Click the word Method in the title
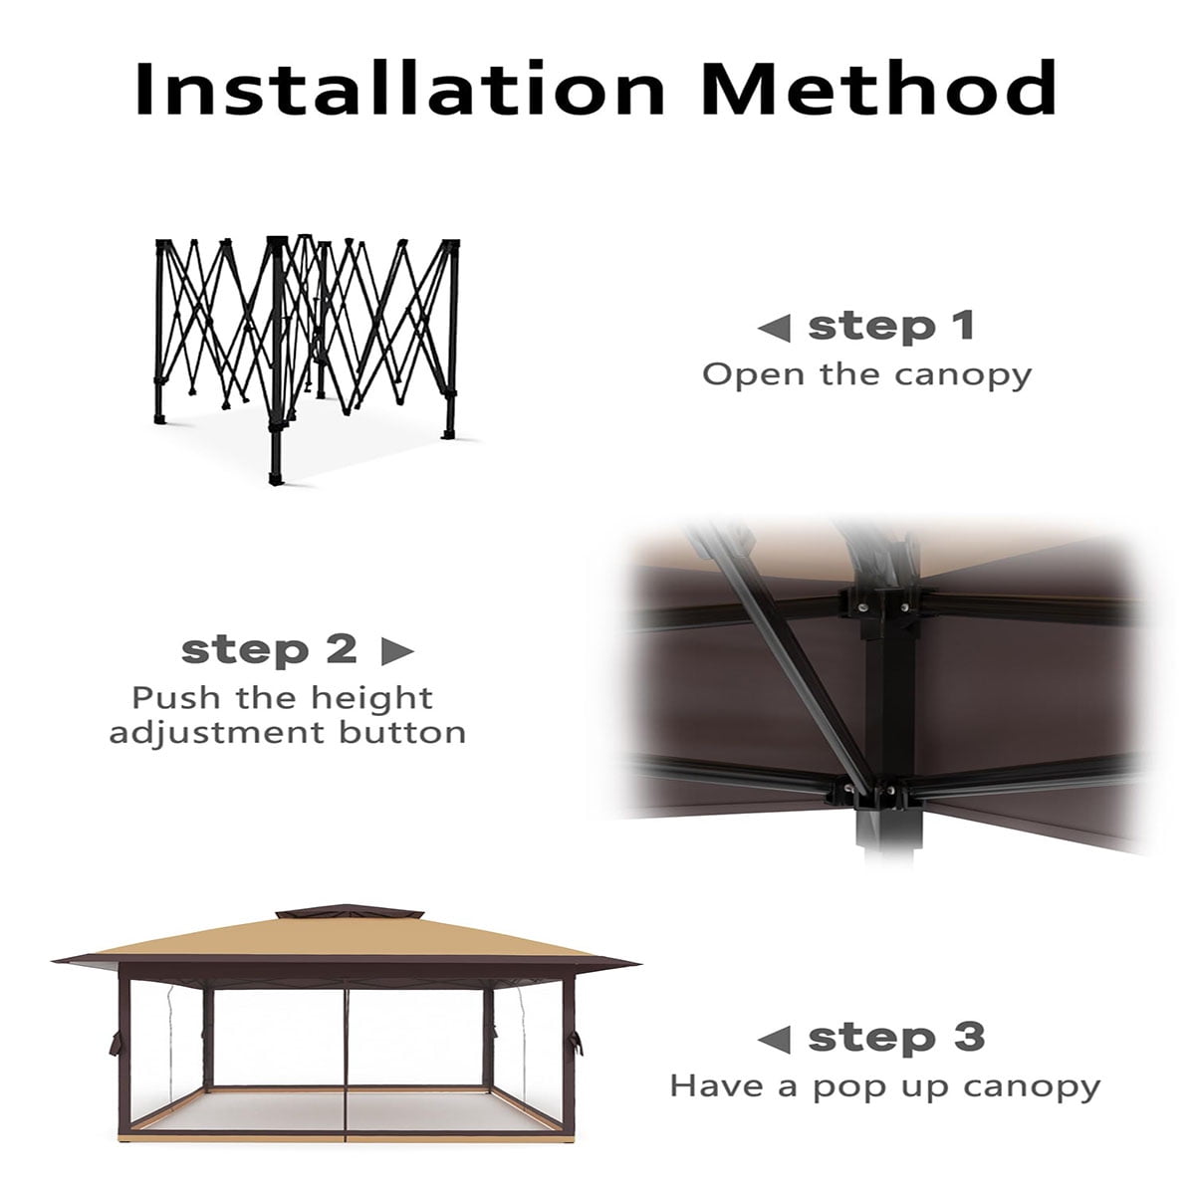tap(879, 88)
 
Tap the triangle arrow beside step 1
tap(775, 328)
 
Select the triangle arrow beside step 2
tap(397, 651)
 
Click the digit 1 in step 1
tap(964, 327)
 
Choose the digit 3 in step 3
tap(969, 1037)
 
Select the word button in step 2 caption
tap(402, 733)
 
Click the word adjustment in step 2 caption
tap(217, 735)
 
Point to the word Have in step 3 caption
tap(716, 1086)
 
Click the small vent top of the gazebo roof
tap(350, 913)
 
